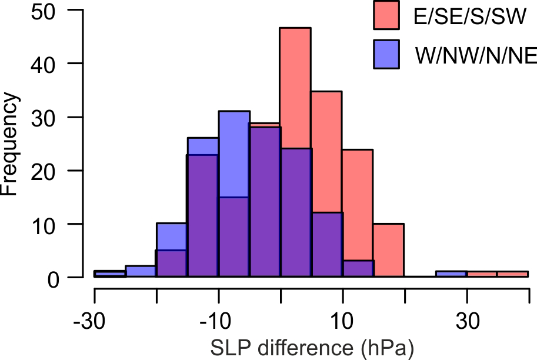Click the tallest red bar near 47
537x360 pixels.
[295, 88]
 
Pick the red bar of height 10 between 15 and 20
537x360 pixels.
[388, 250]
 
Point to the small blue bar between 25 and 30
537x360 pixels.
[451, 274]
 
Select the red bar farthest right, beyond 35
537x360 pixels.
[513, 274]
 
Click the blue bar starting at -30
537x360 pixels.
[110, 274]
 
